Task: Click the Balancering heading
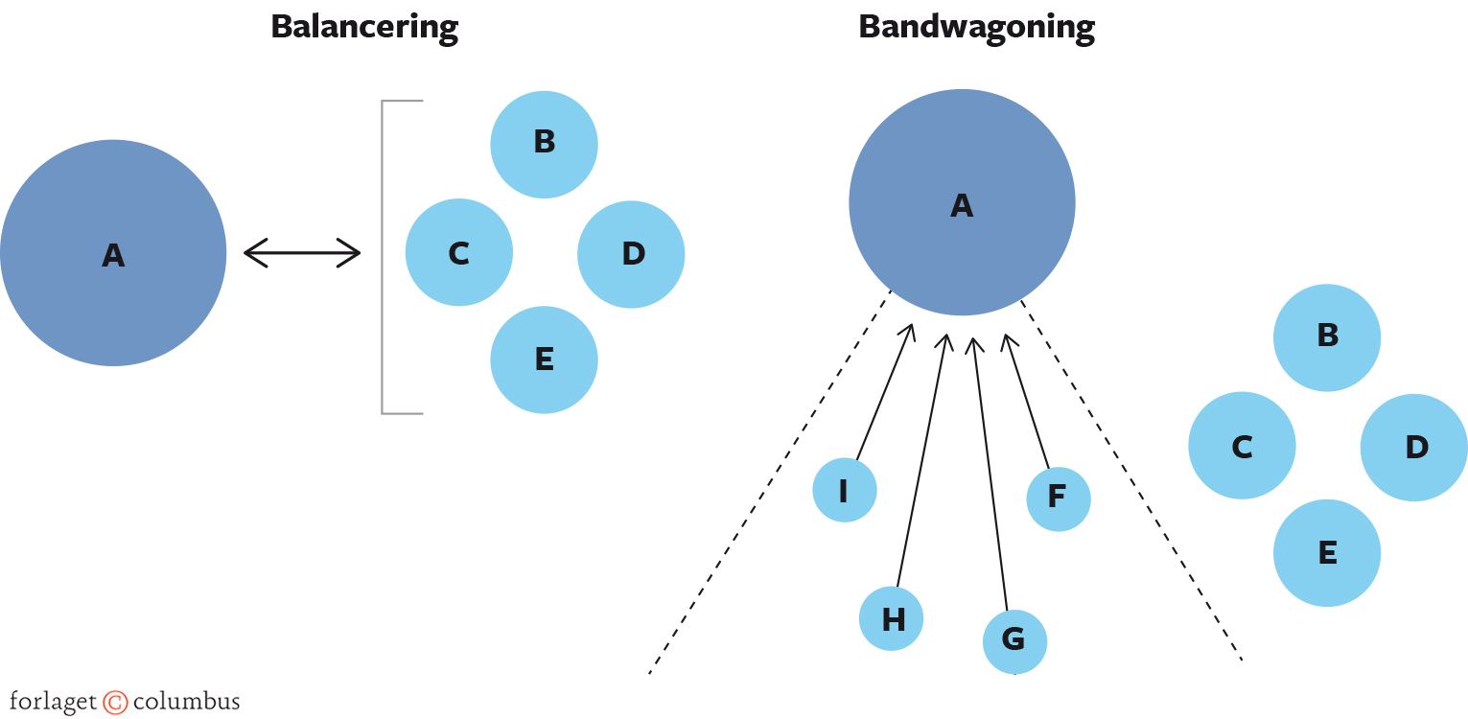tap(364, 27)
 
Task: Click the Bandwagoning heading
tap(976, 27)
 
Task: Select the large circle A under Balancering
tap(113, 253)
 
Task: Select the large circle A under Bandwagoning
tap(962, 203)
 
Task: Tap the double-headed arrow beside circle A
tap(302, 253)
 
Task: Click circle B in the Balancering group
tap(544, 144)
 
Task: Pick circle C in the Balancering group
tap(459, 253)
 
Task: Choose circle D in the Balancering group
tap(631, 253)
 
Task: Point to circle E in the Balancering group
tap(544, 359)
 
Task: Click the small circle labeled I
tap(844, 490)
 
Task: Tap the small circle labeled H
tap(891, 618)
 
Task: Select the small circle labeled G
tap(1014, 640)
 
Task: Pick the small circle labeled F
tap(1058, 499)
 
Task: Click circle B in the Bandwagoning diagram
tap(1327, 337)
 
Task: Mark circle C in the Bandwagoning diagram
tap(1242, 446)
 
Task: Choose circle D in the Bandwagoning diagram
tap(1413, 447)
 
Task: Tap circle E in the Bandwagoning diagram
tap(1327, 553)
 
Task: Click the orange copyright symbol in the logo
tap(115, 703)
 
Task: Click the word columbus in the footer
tap(186, 702)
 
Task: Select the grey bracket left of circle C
tap(384, 257)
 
